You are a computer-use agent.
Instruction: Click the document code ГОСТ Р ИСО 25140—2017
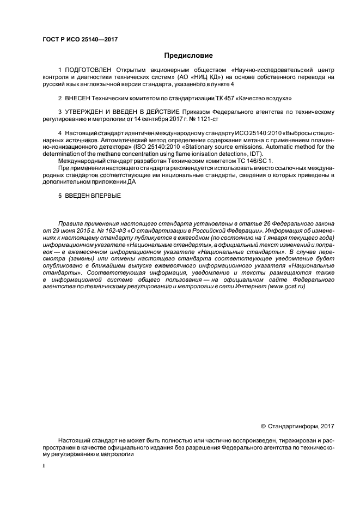[80, 39]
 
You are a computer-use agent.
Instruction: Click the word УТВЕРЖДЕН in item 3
[81, 112]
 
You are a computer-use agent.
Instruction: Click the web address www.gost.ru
[286, 287]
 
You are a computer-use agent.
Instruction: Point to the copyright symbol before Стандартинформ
[264, 425]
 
